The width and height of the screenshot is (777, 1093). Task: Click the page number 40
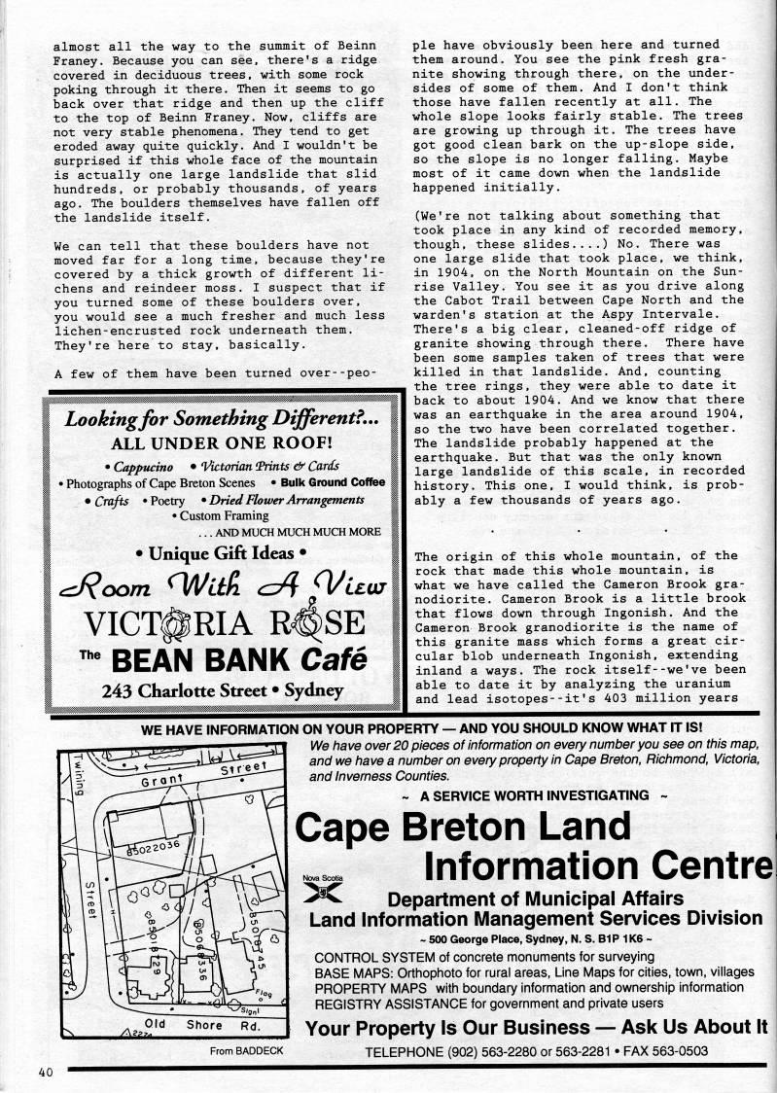45,1073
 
